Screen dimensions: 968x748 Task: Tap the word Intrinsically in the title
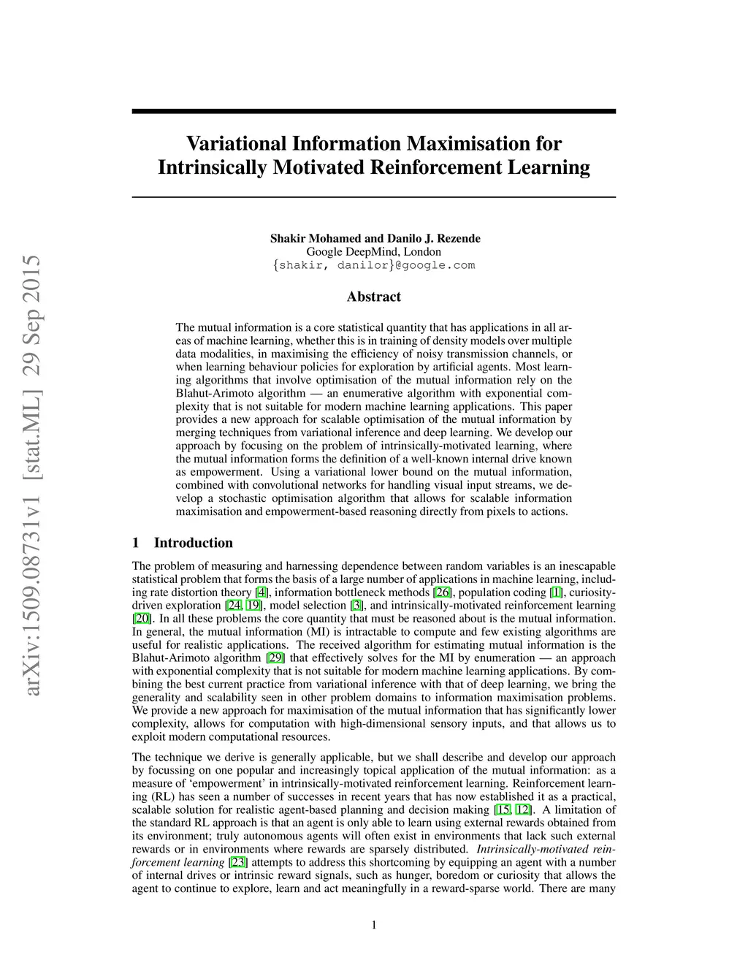[x=212, y=167]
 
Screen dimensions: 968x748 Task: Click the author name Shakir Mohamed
[x=316, y=239]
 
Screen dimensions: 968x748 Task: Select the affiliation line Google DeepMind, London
[x=373, y=252]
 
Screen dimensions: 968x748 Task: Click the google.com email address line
[x=373, y=265]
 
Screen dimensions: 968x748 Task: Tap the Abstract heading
[x=373, y=297]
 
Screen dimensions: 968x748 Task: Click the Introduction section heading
[x=193, y=543]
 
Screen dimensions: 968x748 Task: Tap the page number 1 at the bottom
[x=374, y=926]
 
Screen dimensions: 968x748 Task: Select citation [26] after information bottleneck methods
[x=442, y=592]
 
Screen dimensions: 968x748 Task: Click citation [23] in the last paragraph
[x=238, y=863]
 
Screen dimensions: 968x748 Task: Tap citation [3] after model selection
[x=356, y=606]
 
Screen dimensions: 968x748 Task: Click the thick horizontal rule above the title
[x=373, y=111]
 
